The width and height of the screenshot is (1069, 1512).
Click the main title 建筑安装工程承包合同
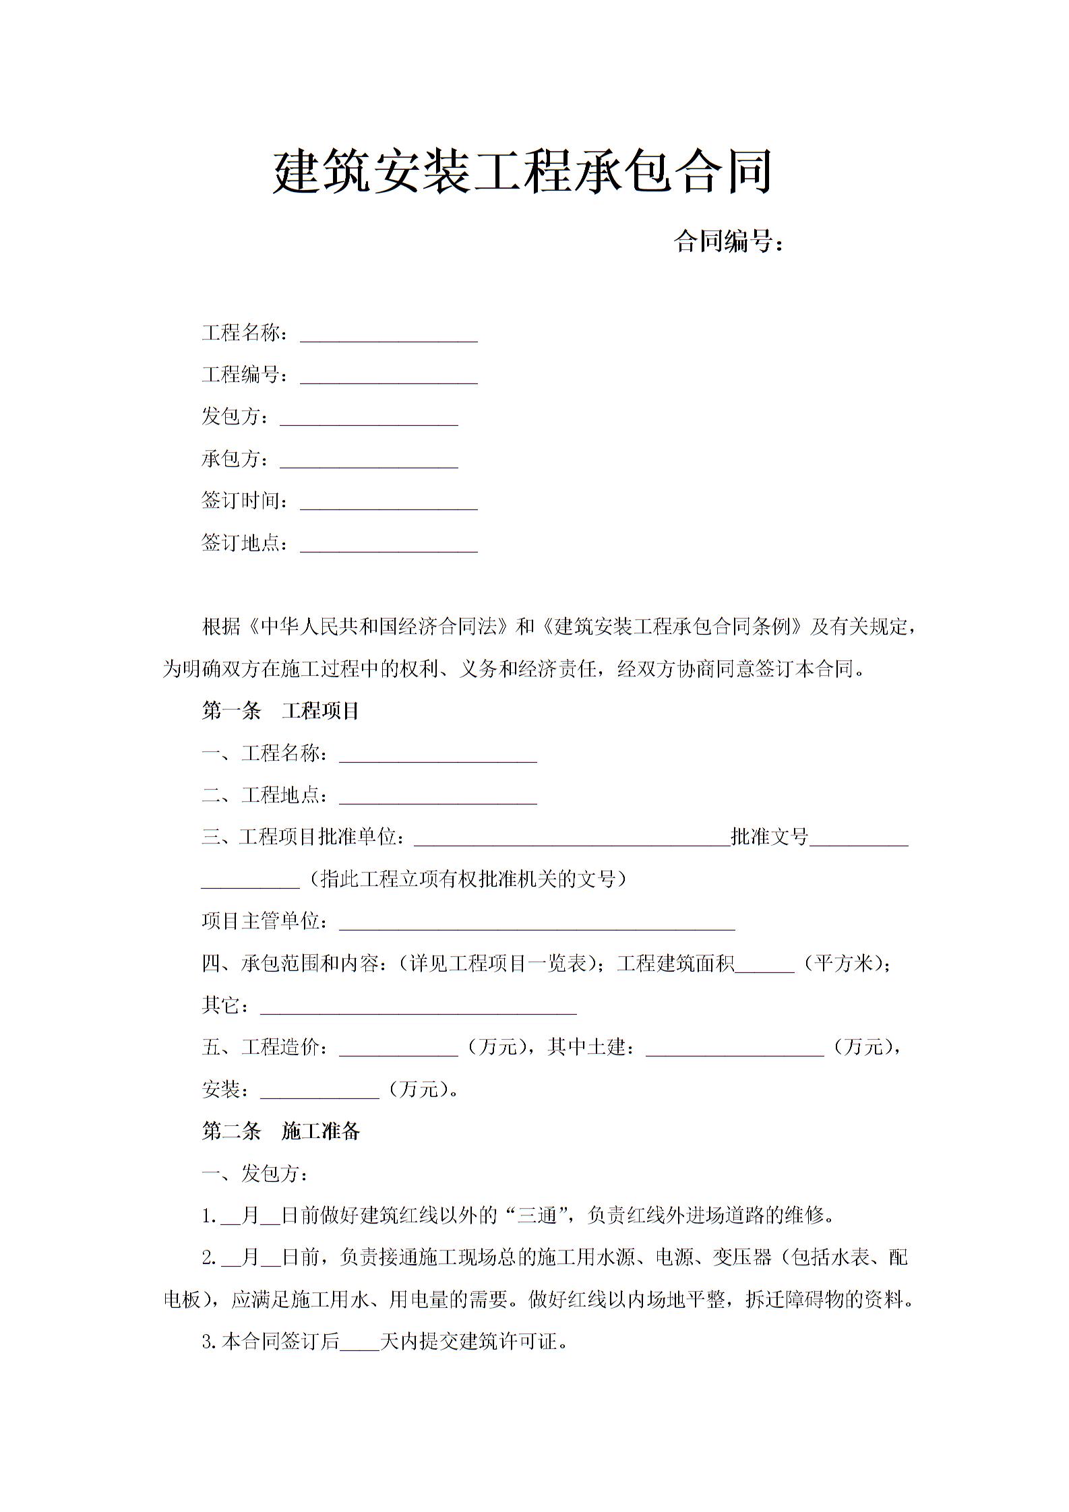click(x=522, y=173)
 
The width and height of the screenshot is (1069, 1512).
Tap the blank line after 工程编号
click(x=388, y=377)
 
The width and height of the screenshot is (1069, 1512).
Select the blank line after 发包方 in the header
click(x=369, y=419)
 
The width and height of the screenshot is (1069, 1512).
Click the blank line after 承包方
click(x=369, y=461)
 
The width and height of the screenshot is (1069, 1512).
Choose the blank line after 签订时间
click(x=388, y=503)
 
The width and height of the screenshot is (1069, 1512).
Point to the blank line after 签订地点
click(x=388, y=545)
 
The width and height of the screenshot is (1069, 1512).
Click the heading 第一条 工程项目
click(x=280, y=711)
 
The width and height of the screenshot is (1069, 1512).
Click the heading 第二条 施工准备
click(x=280, y=1131)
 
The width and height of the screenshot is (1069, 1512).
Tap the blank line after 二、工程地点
click(x=437, y=798)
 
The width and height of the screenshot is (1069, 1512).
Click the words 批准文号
click(x=770, y=837)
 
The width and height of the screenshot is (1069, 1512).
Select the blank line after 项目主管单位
click(x=536, y=924)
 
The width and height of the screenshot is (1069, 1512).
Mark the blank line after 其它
click(x=418, y=1008)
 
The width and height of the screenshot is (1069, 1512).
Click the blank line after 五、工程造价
click(x=398, y=1050)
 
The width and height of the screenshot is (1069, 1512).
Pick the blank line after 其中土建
click(x=735, y=1050)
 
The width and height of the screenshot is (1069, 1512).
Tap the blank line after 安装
click(x=319, y=1092)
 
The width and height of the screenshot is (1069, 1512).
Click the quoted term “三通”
click(x=537, y=1216)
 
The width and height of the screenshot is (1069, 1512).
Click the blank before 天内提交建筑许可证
click(x=360, y=1342)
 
